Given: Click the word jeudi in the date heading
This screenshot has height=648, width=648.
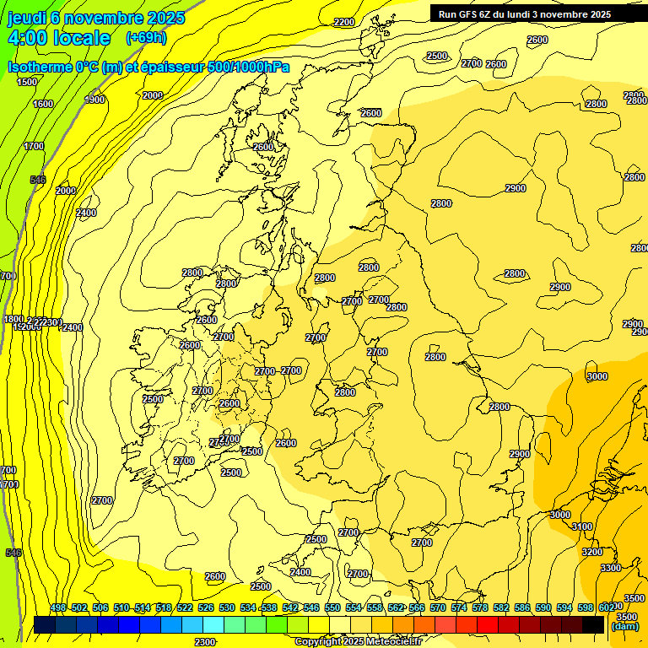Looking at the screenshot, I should pyautogui.click(x=27, y=18).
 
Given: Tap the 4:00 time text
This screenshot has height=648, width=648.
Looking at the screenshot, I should pyautogui.click(x=34, y=38).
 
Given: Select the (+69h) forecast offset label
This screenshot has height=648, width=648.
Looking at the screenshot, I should pyautogui.click(x=146, y=38).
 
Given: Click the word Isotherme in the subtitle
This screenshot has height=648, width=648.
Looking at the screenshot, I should pyautogui.click(x=39, y=67).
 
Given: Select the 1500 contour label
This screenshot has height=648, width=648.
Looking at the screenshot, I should pyautogui.click(x=27, y=82).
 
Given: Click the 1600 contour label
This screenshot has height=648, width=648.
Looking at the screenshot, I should pyautogui.click(x=43, y=104).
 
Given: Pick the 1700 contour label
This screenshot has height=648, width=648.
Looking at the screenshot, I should pyautogui.click(x=34, y=146).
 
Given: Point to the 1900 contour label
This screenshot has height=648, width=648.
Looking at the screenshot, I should pyautogui.click(x=94, y=100).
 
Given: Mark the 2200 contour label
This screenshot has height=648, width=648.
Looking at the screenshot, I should pyautogui.click(x=344, y=23).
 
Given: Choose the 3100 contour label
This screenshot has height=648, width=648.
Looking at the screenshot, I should pyautogui.click(x=582, y=526).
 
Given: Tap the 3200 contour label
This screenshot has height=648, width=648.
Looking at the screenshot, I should pyautogui.click(x=592, y=552).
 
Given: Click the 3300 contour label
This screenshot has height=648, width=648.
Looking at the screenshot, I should pyautogui.click(x=610, y=568).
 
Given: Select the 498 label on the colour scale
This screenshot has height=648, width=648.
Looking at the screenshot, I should pyautogui.click(x=58, y=607).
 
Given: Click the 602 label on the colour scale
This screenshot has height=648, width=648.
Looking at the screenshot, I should pyautogui.click(x=606, y=607).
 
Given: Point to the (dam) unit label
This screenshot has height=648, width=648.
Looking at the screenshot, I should pyautogui.click(x=625, y=626).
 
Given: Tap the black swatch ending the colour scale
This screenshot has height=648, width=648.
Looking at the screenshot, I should pyautogui.click(x=593, y=624).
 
